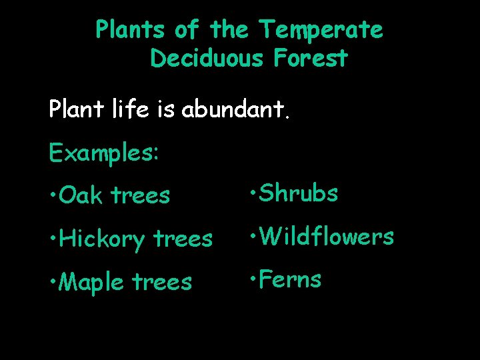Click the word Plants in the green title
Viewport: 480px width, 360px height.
(x=131, y=30)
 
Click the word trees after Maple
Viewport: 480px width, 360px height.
(x=162, y=283)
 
